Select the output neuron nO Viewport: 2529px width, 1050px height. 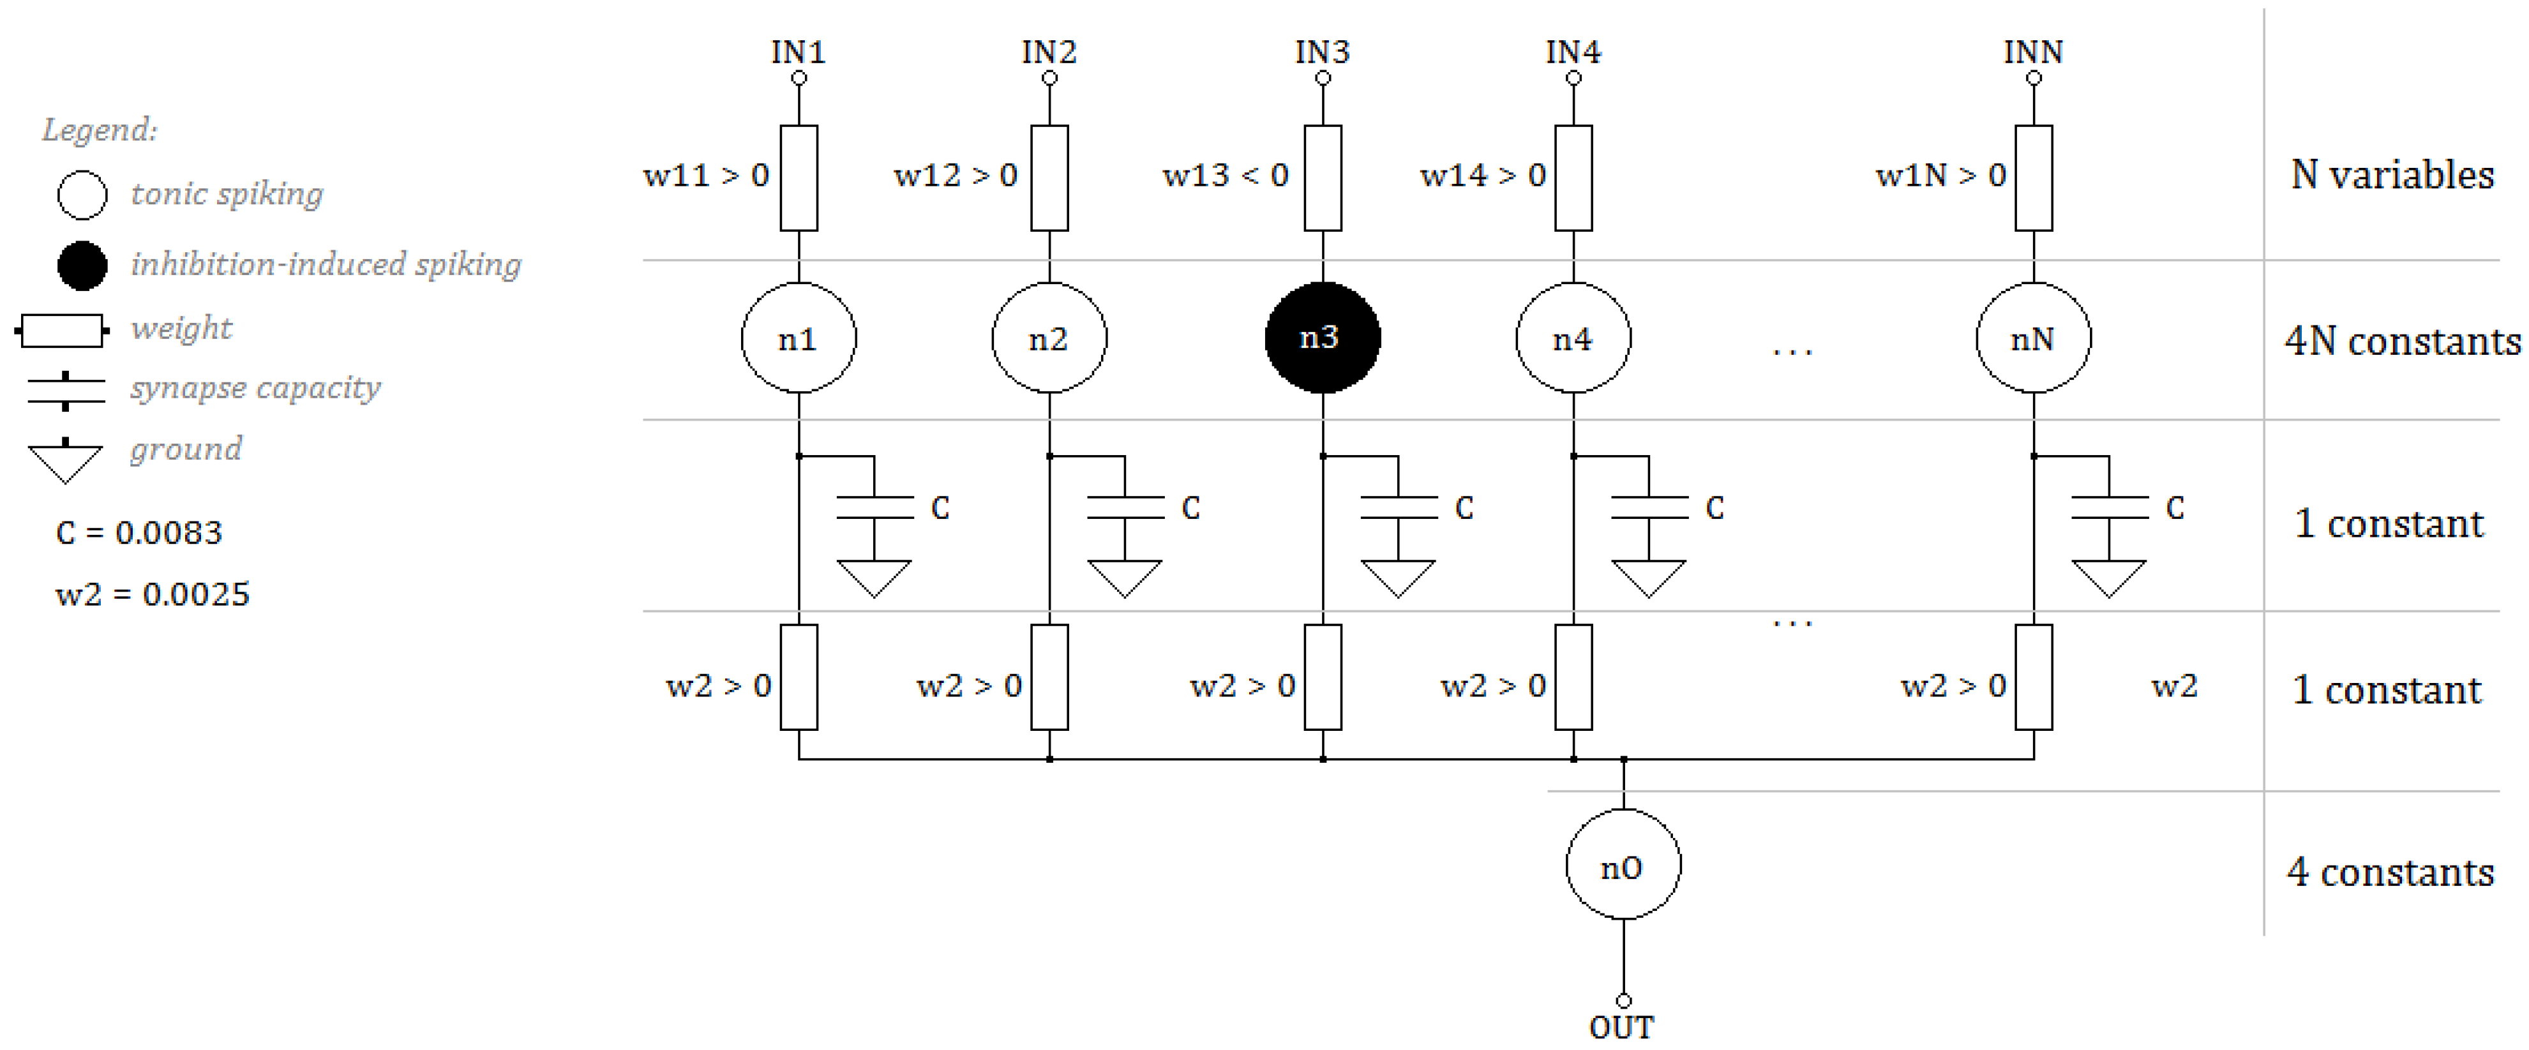[x=1623, y=866]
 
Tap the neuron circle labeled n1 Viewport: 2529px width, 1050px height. [x=798, y=338]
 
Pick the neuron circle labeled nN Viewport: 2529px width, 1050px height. [x=2033, y=338]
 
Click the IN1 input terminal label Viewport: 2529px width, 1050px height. [x=797, y=51]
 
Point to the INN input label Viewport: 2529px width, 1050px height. [x=2033, y=51]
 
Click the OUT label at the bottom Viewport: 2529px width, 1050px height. [x=1622, y=1028]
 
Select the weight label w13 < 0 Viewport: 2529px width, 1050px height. [x=1225, y=176]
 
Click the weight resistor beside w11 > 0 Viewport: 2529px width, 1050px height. [x=798, y=177]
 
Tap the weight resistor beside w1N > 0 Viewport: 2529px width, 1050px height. [x=2033, y=177]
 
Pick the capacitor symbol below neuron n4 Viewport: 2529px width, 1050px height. [x=1649, y=507]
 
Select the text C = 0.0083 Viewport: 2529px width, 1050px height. [x=139, y=533]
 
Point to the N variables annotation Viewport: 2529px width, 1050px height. [x=2392, y=176]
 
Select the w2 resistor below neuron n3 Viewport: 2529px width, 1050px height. [x=1323, y=677]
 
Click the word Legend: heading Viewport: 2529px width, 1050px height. [x=99, y=130]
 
